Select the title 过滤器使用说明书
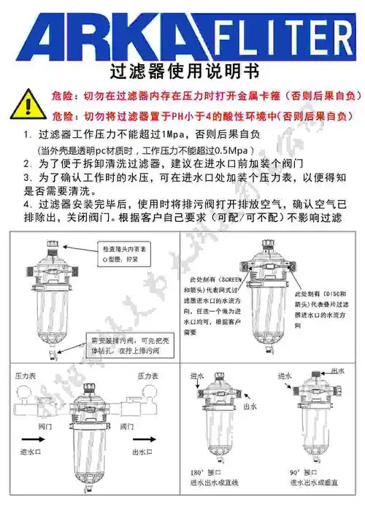coord(182,72)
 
